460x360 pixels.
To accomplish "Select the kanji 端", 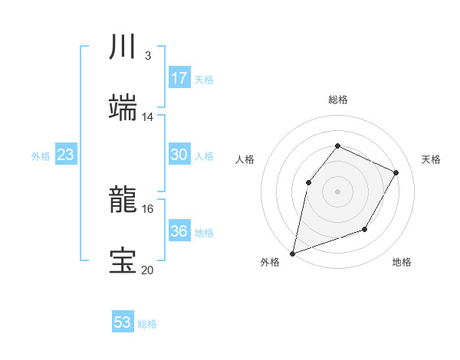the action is pyautogui.click(x=123, y=110).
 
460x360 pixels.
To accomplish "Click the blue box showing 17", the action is pyautogui.click(x=179, y=78).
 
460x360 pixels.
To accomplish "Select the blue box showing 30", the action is pyautogui.click(x=179, y=155).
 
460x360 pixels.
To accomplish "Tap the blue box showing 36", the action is pyautogui.click(x=179, y=231).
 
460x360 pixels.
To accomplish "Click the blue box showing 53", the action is pyautogui.click(x=123, y=322).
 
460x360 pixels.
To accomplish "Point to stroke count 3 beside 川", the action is pyautogui.click(x=147, y=56).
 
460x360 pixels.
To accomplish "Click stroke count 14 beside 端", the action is pyautogui.click(x=148, y=117).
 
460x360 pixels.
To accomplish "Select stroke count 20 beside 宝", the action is pyautogui.click(x=148, y=270).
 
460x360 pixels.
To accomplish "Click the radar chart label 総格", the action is pyautogui.click(x=338, y=100).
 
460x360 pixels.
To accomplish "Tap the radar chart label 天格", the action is pyautogui.click(x=431, y=159).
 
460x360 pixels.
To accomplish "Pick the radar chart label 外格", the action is pyautogui.click(x=270, y=263).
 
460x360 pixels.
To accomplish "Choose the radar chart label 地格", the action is pyautogui.click(x=402, y=263).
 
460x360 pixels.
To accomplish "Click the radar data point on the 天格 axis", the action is pyautogui.click(x=396, y=172).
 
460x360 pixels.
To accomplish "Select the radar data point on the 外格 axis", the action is pyautogui.click(x=293, y=253).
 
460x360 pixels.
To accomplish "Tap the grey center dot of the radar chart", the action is pyautogui.click(x=337, y=191).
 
